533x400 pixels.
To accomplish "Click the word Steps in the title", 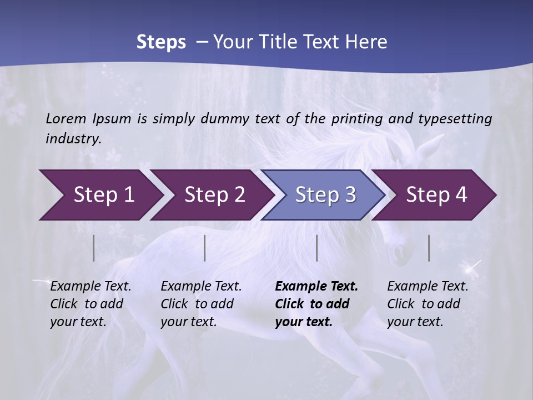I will pyautogui.click(x=161, y=42).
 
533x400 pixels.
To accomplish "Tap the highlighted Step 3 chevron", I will pyautogui.click(x=325, y=194).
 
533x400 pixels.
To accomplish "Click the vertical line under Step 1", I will pyautogui.click(x=94, y=248).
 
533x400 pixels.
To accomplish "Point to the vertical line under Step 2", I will pyautogui.click(x=205, y=248).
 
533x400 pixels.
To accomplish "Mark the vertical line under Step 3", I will pyautogui.click(x=316, y=248).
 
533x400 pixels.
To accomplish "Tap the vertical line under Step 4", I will pyautogui.click(x=429, y=248).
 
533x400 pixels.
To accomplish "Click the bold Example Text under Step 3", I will pyautogui.click(x=316, y=304).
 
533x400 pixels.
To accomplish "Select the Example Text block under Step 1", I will pyautogui.click(x=90, y=304).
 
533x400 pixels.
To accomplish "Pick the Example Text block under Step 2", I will pyautogui.click(x=201, y=304).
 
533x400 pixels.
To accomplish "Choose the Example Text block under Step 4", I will pyautogui.click(x=428, y=304).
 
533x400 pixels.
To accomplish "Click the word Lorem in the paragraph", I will pyautogui.click(x=66, y=118).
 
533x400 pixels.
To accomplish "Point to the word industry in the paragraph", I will pyautogui.click(x=73, y=139).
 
